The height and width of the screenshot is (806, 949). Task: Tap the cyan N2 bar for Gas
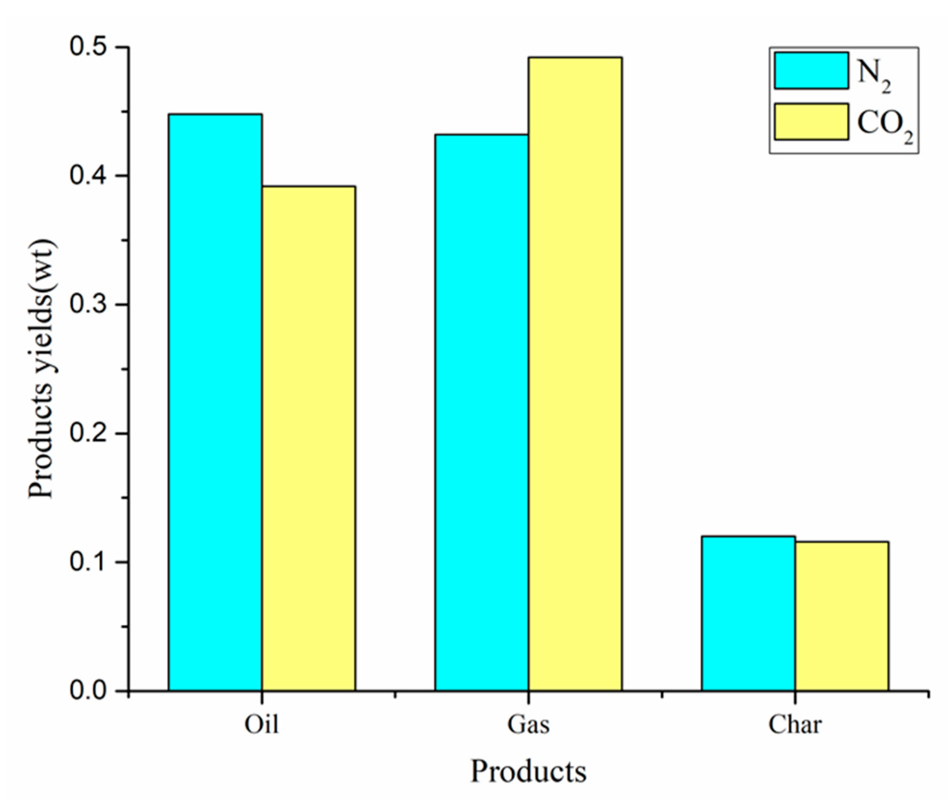(481, 411)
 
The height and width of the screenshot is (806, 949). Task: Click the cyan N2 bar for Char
(748, 612)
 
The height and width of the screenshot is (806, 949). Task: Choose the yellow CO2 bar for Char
(842, 615)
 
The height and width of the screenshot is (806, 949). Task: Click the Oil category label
(262, 724)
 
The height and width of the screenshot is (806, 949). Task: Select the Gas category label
(528, 724)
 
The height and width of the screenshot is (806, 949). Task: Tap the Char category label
(795, 724)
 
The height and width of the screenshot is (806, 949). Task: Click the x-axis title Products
(528, 772)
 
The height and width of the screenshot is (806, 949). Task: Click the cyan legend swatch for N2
(811, 70)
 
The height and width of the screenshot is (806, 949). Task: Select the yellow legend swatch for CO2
(811, 122)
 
